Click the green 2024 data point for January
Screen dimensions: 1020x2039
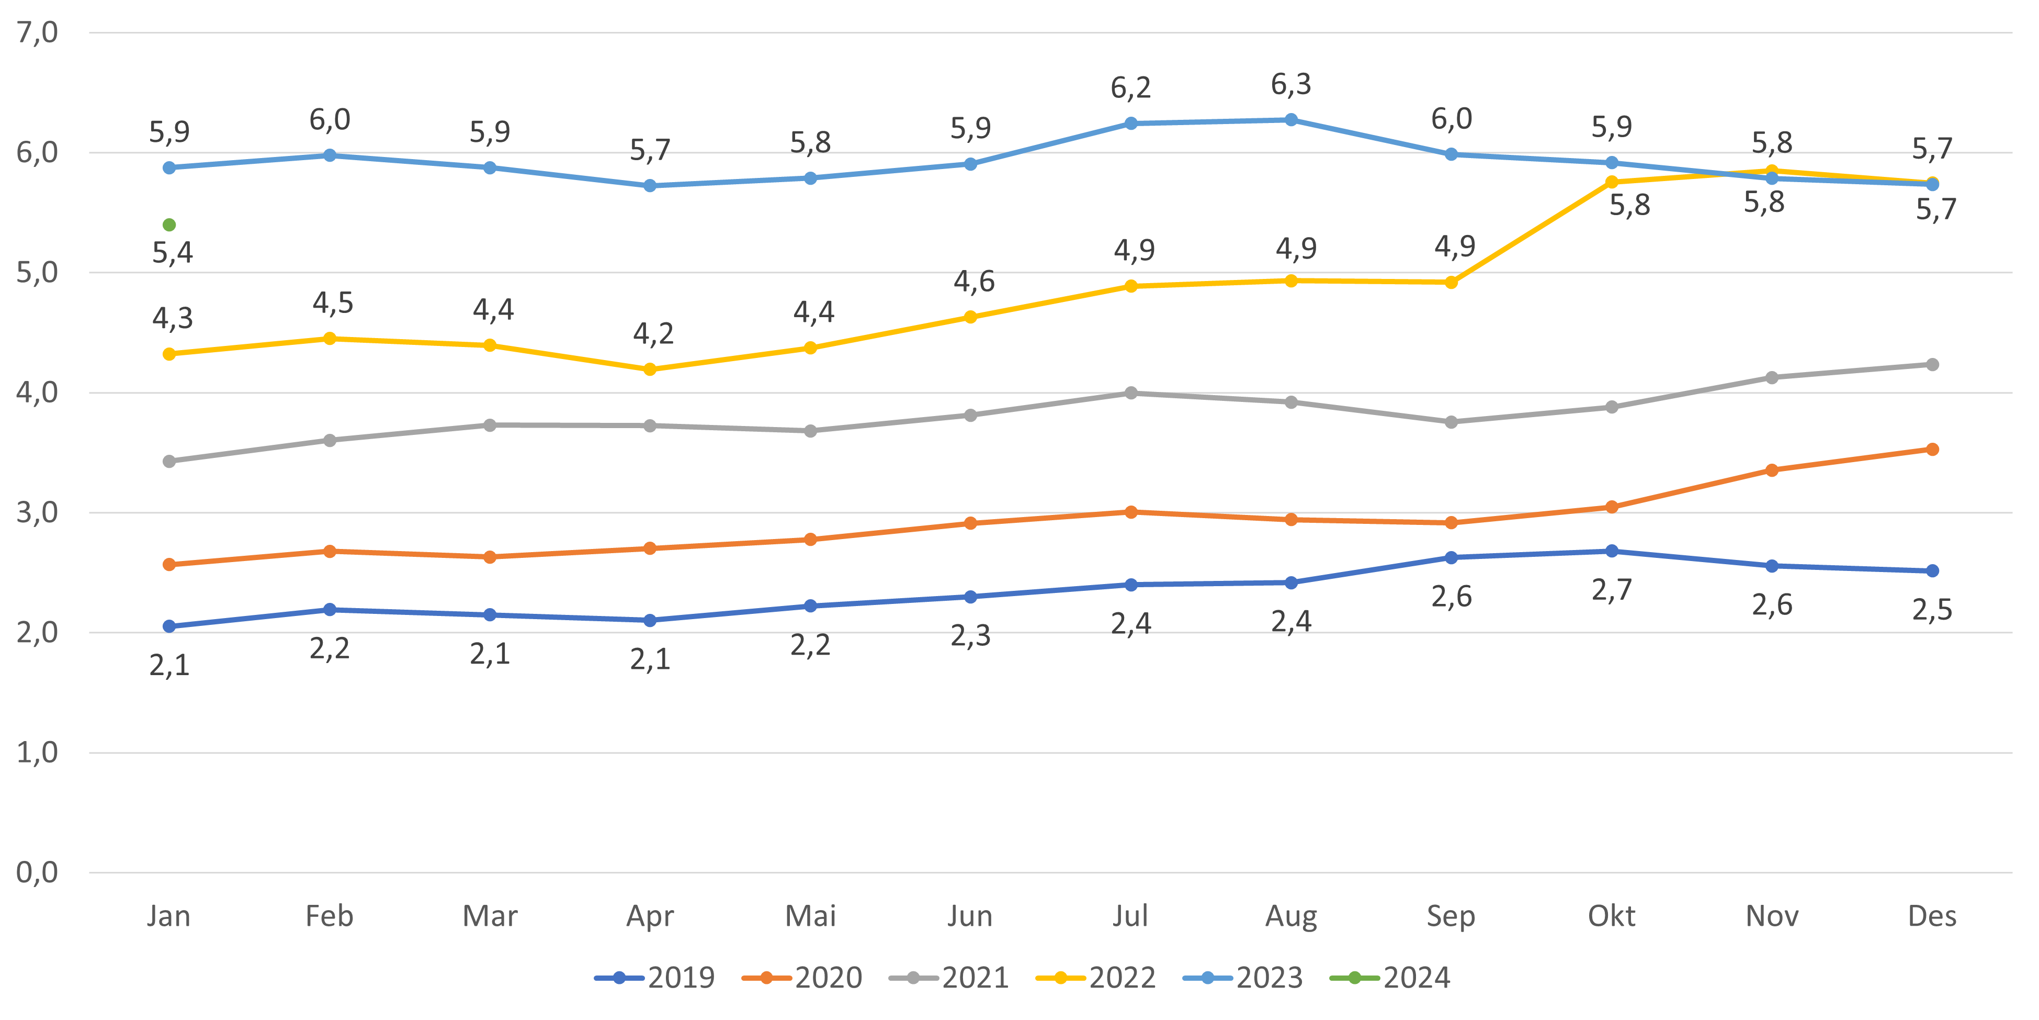coord(169,225)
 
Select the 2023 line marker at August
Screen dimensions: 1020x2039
coord(1291,119)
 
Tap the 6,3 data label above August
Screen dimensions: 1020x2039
coord(1291,84)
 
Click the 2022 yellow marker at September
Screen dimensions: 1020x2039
coord(1451,283)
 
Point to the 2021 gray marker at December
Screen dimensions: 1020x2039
coord(1932,364)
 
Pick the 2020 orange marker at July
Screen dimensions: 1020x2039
coord(1131,512)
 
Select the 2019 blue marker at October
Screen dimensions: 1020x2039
coord(1612,551)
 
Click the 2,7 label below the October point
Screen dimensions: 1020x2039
coord(1612,590)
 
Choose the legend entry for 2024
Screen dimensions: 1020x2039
coord(1391,978)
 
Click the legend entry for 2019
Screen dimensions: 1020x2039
coord(655,978)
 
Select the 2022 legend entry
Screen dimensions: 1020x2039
coord(1096,978)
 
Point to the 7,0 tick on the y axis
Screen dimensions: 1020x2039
coord(37,32)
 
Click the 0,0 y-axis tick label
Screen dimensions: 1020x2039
coord(37,873)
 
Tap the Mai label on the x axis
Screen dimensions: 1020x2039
coord(811,916)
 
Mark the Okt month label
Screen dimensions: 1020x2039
coord(1612,916)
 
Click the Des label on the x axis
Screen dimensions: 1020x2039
coord(1932,916)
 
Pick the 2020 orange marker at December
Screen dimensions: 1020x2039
coord(1932,449)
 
